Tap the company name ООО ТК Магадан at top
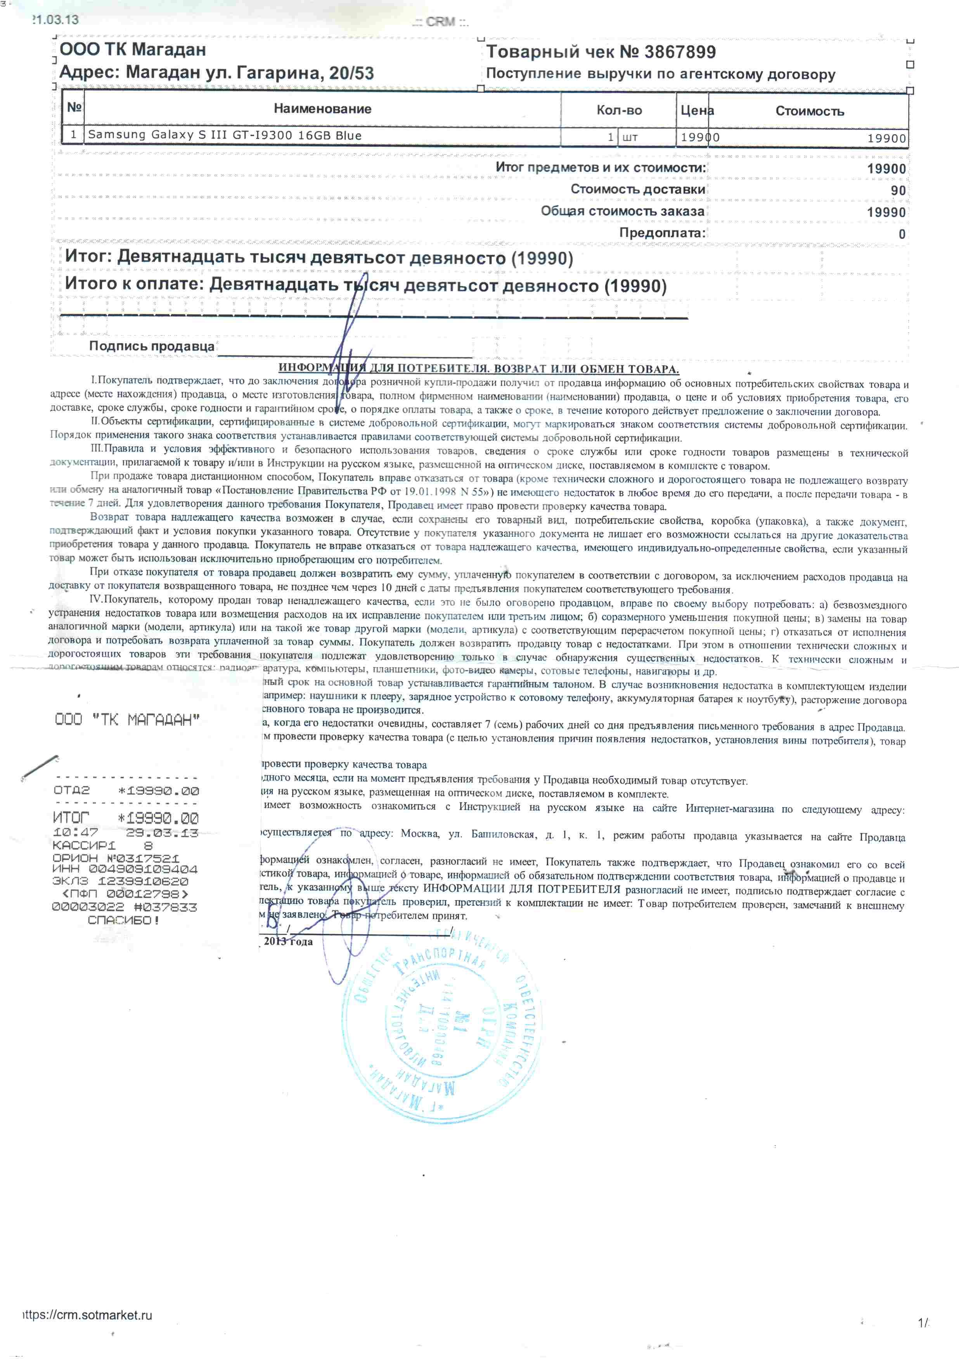[133, 49]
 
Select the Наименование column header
[323, 109]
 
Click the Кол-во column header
[619, 111]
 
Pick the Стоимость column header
[809, 111]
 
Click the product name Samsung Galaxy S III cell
[225, 135]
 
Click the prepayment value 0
[902, 234]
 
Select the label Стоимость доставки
[637, 189]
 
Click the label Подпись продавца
[152, 346]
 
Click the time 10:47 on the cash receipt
[76, 832]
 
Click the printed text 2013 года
[288, 942]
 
